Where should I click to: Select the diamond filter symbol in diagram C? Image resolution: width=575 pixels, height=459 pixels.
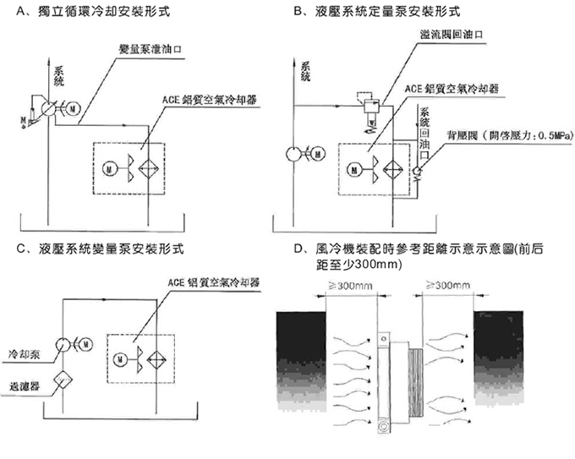[x=63, y=380]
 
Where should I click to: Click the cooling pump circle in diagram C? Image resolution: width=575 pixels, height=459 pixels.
[x=63, y=345]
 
